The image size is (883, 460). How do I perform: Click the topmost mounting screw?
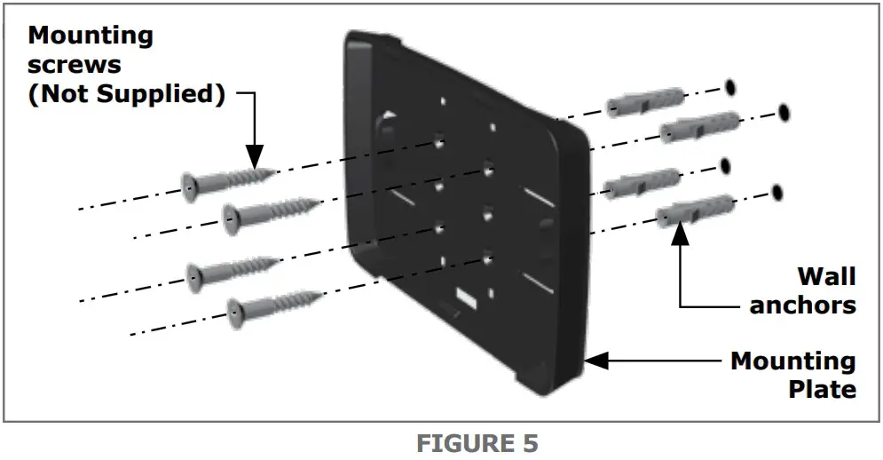227,182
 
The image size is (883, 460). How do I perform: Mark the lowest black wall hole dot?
777,191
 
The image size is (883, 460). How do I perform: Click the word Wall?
825,276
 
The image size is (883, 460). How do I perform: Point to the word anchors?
802,305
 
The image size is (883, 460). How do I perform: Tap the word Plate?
822,389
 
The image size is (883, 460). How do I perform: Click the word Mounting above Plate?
792,361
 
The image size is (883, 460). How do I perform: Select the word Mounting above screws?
91,36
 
